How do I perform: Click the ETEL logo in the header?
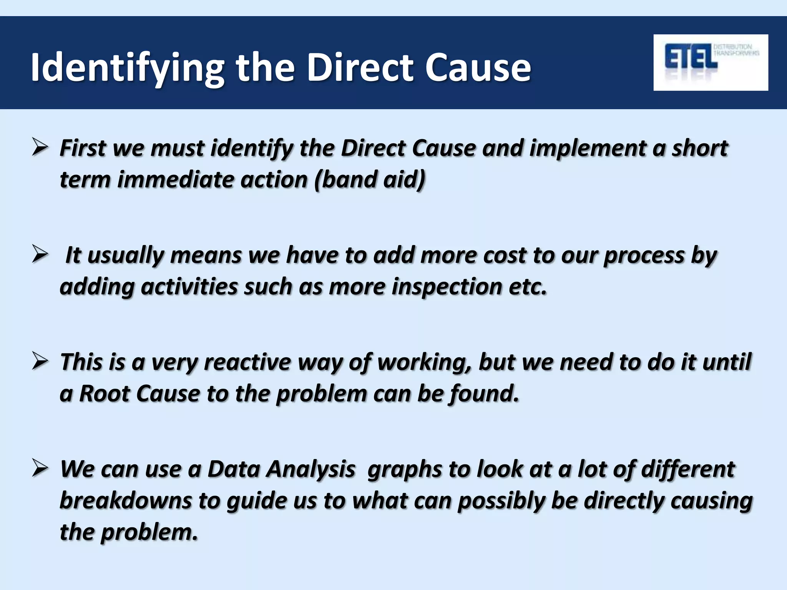click(710, 62)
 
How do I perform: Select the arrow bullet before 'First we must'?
click(40, 148)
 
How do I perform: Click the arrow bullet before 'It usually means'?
click(40, 255)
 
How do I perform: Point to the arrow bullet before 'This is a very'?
click(40, 362)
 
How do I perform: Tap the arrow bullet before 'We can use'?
click(40, 469)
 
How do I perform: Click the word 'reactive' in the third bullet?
click(247, 362)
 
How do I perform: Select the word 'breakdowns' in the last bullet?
click(126, 501)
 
